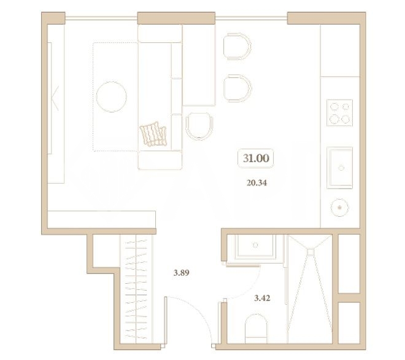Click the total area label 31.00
256,158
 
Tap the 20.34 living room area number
256,183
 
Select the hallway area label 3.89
181,273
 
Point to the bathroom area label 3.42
262,298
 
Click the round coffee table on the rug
111,96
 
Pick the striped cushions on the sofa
153,134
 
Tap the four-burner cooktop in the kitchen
340,113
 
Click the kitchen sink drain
341,168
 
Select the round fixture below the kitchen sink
340,208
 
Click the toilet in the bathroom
256,329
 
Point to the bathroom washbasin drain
255,245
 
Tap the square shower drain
310,252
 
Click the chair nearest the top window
237,47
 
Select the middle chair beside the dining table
237,88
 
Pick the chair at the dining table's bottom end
199,126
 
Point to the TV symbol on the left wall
55,98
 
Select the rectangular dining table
199,65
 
